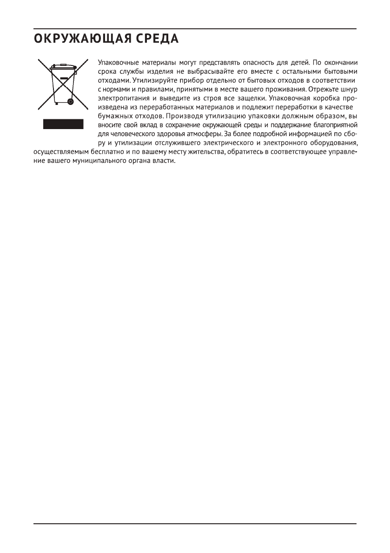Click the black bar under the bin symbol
point(63,124)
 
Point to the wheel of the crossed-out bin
point(70,101)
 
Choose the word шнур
point(348,89)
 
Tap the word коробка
point(322,98)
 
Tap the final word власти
point(164,160)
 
